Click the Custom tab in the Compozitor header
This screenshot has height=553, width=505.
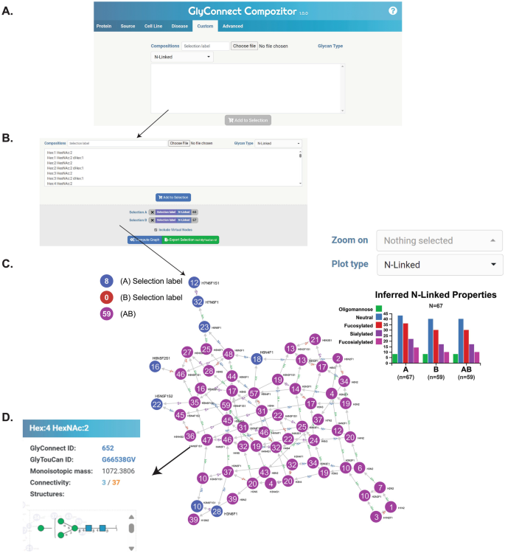pos(204,26)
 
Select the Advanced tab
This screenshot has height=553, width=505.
pos(232,26)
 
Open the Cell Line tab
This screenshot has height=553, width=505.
pos(153,26)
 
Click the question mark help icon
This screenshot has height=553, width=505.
pos(393,11)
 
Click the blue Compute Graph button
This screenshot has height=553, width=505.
pos(144,240)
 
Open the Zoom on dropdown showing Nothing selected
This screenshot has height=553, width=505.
pos(439,240)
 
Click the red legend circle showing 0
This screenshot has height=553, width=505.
pos(107,297)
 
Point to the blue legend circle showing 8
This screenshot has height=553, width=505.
pos(107,281)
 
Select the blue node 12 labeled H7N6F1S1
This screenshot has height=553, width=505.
pos(194,282)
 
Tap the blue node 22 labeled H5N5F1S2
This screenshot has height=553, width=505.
pos(157,404)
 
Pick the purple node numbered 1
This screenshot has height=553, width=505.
pos(391,527)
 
